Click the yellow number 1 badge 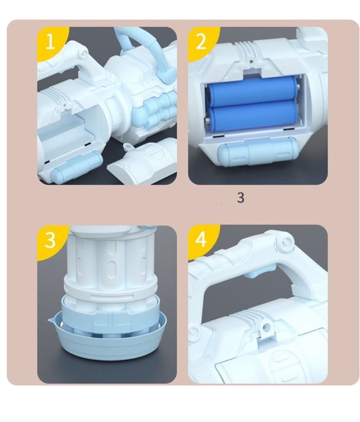(x=50, y=42)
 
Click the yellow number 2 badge (x=201, y=42)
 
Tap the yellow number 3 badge (x=50, y=239)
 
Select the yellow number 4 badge (x=201, y=239)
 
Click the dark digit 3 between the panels (x=241, y=197)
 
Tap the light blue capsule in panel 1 (x=77, y=166)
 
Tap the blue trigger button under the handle (x=257, y=271)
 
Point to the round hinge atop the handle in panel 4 (x=285, y=242)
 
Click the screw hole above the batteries (x=251, y=61)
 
